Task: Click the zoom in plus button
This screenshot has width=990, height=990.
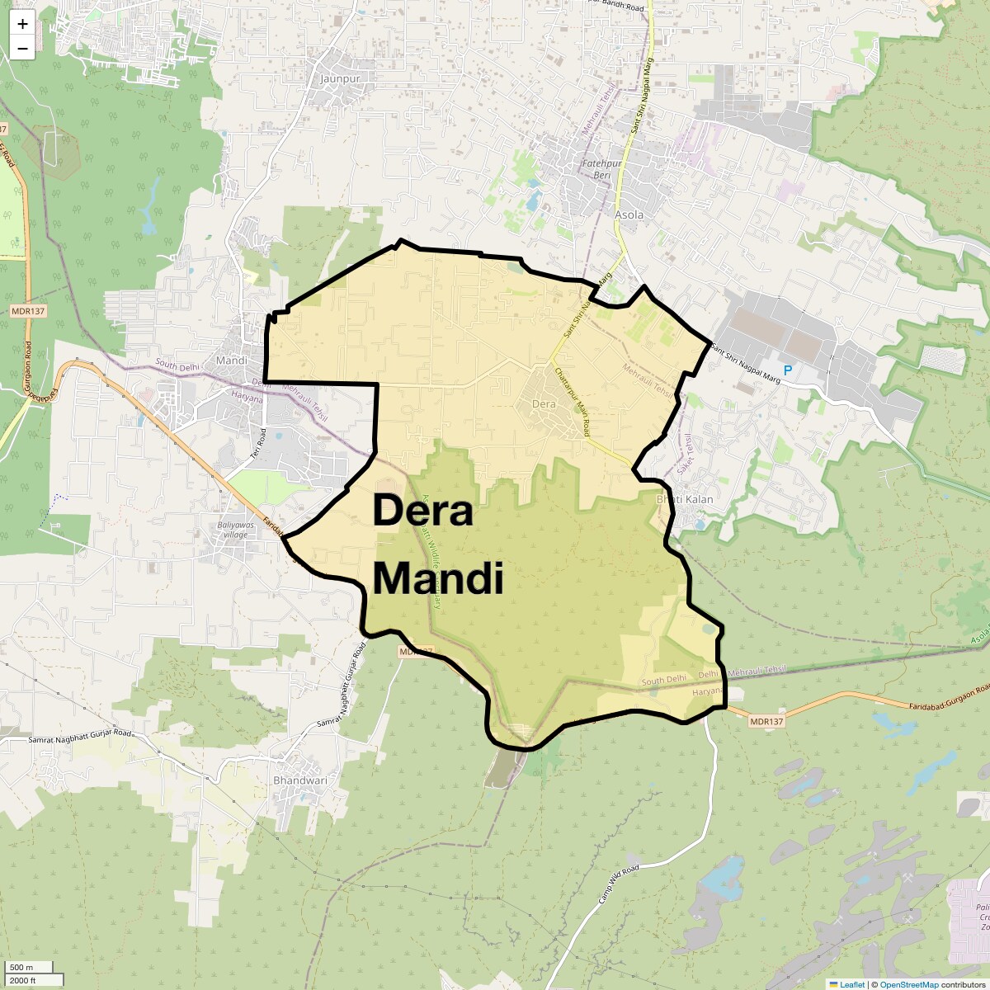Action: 22,24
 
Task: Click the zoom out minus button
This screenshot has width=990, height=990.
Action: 22,49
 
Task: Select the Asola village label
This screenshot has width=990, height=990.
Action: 629,214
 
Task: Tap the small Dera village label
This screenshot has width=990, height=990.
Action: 544,404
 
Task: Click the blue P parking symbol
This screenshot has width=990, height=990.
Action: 787,370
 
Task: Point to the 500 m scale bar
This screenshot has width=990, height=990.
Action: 22,967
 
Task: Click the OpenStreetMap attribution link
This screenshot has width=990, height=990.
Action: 908,984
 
